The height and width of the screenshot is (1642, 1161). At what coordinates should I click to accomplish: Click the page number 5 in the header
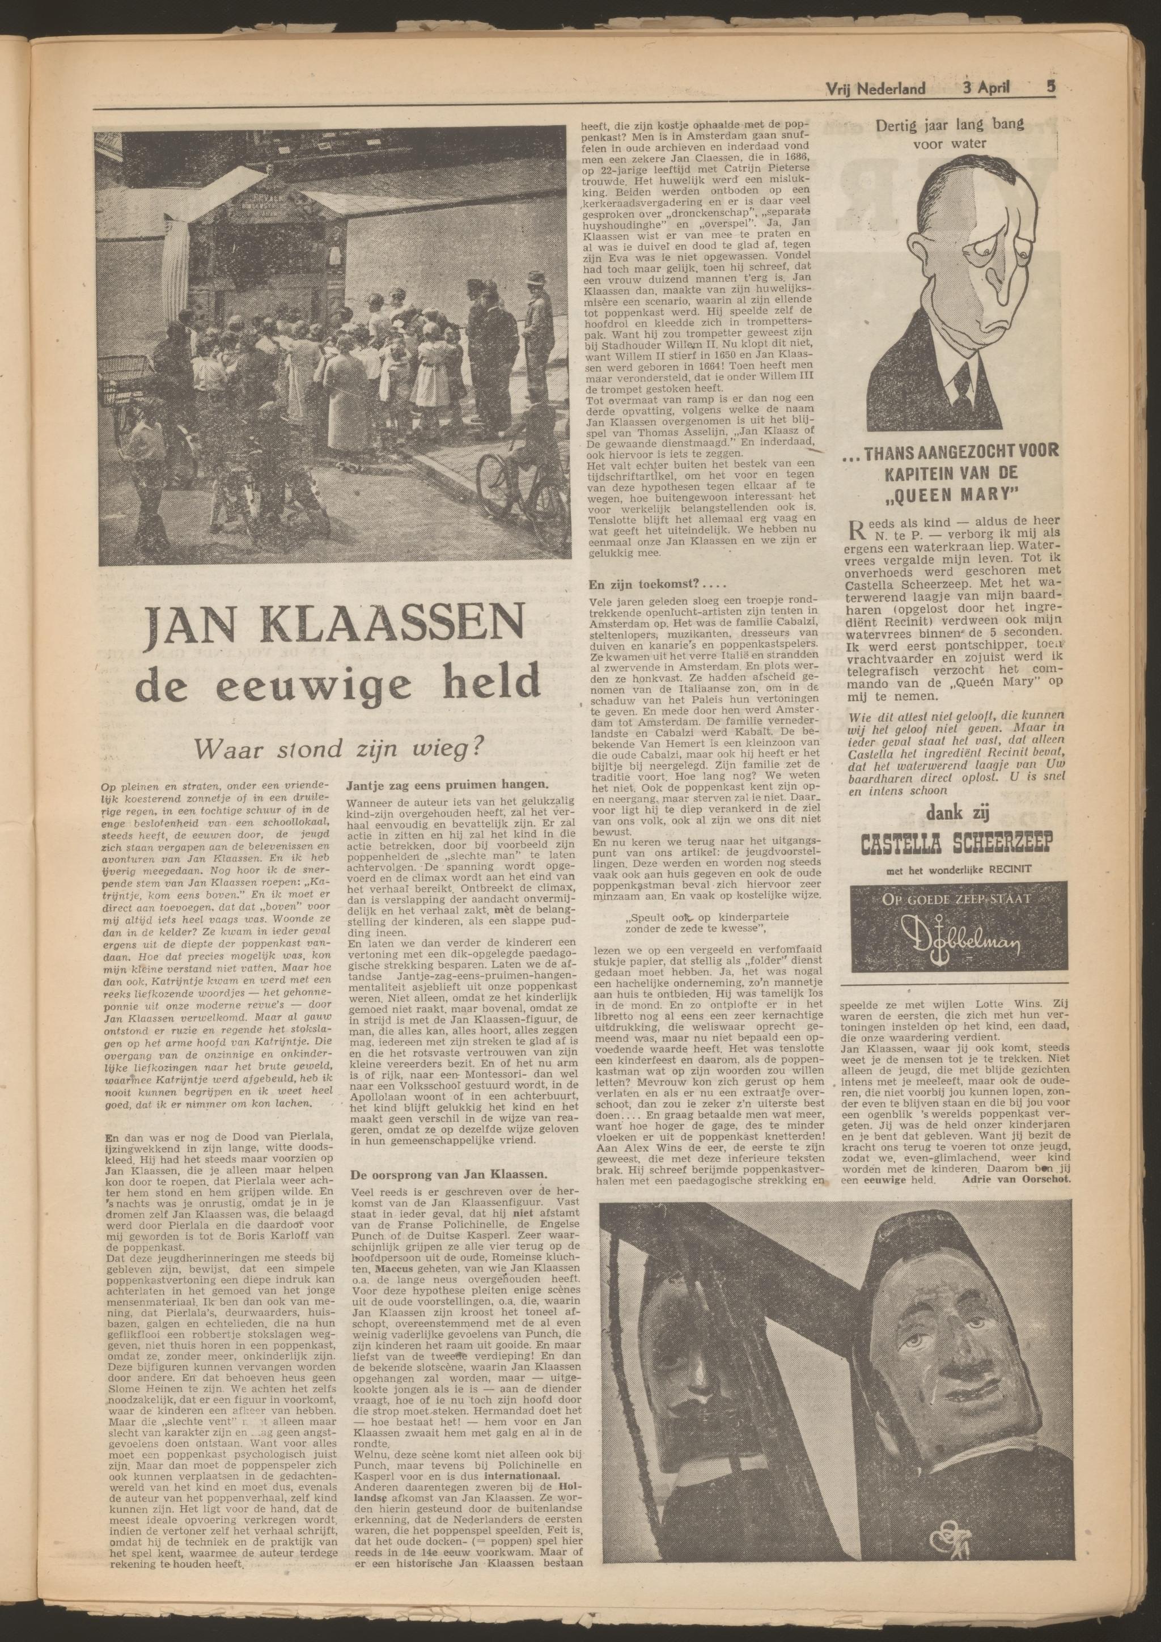click(1051, 88)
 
